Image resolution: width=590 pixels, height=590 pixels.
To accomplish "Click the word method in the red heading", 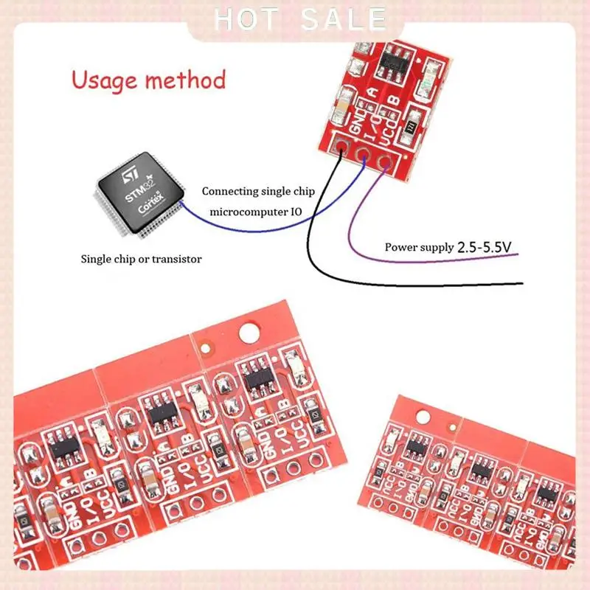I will (x=188, y=80).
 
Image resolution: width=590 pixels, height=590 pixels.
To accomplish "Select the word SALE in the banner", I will (x=341, y=19).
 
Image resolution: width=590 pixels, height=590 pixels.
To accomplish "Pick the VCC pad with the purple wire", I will (x=385, y=159).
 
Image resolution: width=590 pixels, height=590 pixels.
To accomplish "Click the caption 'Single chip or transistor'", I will (x=141, y=259).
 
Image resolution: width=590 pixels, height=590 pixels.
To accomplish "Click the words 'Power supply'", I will (x=418, y=247).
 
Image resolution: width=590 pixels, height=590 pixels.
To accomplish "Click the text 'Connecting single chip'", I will (x=258, y=192).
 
